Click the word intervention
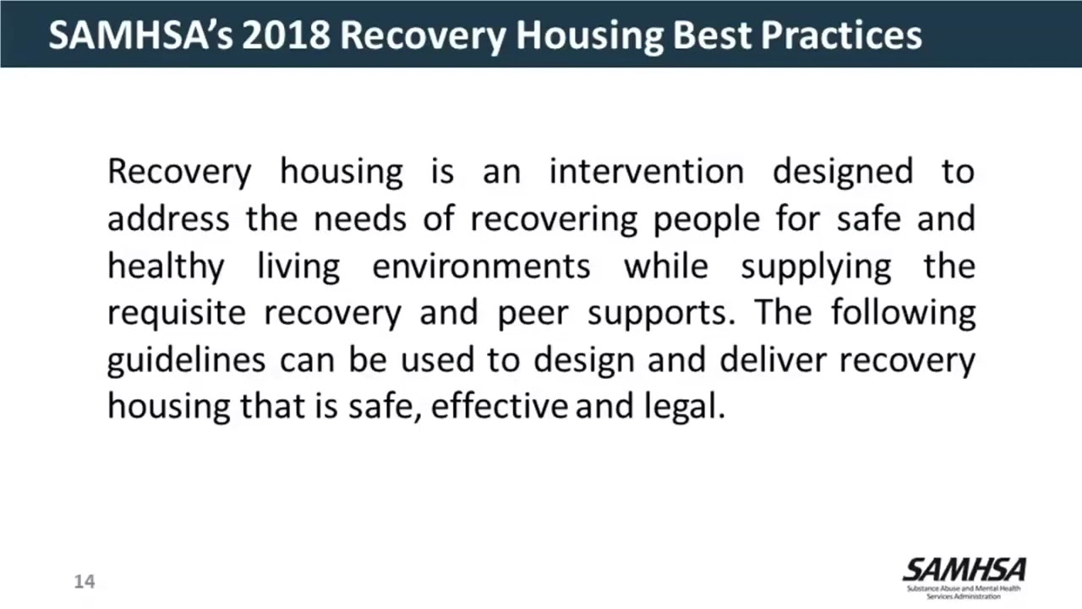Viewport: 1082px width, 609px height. pos(646,172)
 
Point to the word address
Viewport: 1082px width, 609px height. pos(167,219)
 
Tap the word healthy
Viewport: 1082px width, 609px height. pos(166,266)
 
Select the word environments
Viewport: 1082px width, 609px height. pos(481,266)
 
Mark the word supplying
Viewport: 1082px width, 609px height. pos(816,266)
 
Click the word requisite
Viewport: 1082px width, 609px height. pos(176,313)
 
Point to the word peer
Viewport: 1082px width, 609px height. pos(530,313)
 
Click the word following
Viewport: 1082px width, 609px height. pos(903,313)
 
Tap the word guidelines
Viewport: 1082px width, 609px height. pos(186,360)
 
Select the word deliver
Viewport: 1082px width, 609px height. pos(772,360)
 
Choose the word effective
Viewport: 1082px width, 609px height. pos(499,407)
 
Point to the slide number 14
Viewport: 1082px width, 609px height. pos(85,581)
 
